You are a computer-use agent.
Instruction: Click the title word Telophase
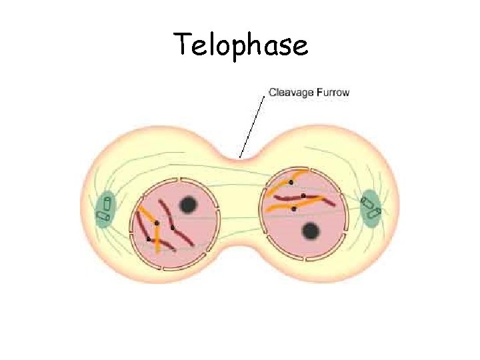coord(241,45)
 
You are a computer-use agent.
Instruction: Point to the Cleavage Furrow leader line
coord(253,127)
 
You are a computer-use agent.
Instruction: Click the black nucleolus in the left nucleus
coord(189,205)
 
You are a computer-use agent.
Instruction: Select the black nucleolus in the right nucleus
coord(310,231)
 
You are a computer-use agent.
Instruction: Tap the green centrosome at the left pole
coord(105,209)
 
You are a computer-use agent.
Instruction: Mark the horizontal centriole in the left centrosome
coord(103,216)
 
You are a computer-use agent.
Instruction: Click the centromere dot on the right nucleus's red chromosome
coord(303,196)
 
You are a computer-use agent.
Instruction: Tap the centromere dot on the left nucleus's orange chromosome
coord(157,223)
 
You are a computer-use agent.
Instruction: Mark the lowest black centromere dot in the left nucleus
coord(148,239)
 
